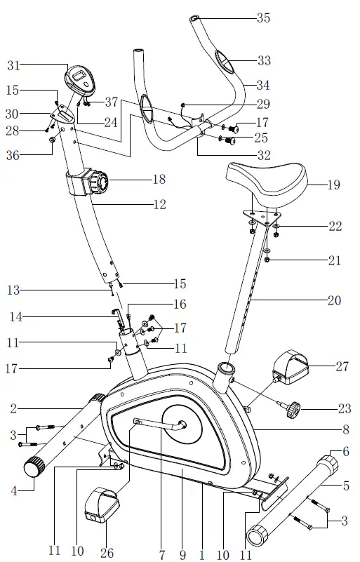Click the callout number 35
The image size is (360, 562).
tap(262, 18)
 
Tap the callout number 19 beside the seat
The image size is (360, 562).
tap(333, 186)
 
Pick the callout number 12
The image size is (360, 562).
tap(159, 205)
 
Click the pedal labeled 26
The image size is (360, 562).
tap(101, 507)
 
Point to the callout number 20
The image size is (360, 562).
tap(333, 301)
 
